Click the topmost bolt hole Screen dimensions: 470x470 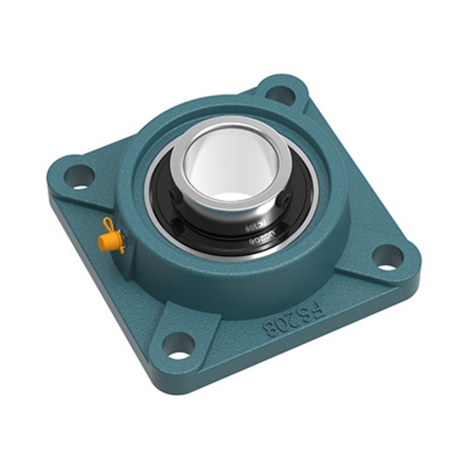click(279, 93)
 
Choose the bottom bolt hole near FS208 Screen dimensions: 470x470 click(180, 346)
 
